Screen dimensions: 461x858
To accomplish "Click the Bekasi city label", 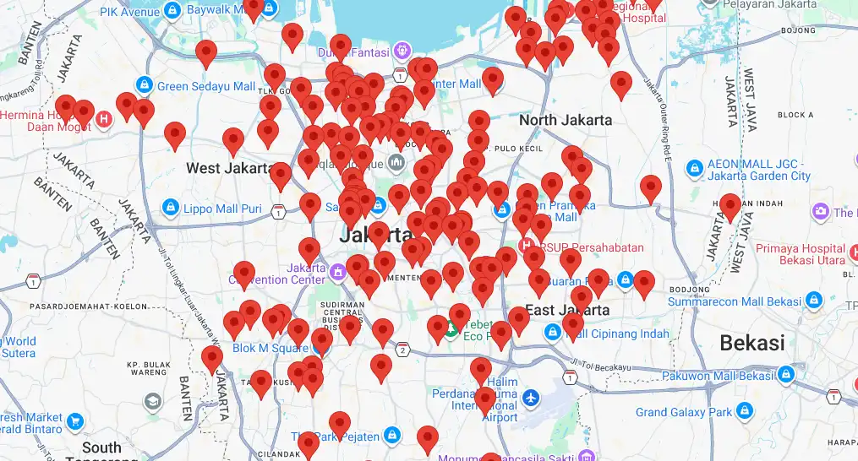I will pos(752,343).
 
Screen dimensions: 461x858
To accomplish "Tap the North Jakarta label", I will pos(566,120).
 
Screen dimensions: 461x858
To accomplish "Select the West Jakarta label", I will pos(227,168).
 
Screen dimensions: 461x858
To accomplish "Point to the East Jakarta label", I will pos(567,310).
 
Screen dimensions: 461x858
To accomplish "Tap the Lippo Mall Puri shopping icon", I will pos(170,207).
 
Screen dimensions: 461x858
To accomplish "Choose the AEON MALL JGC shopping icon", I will pos(695,168).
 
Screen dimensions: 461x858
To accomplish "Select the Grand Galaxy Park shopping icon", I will pos(745,411).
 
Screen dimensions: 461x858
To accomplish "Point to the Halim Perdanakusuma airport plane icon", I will pos(531,396).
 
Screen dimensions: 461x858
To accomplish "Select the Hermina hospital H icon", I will pos(105,119).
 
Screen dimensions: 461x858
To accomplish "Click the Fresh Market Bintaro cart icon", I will pos(74,420).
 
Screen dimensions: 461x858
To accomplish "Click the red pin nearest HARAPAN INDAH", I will pos(730,204).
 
